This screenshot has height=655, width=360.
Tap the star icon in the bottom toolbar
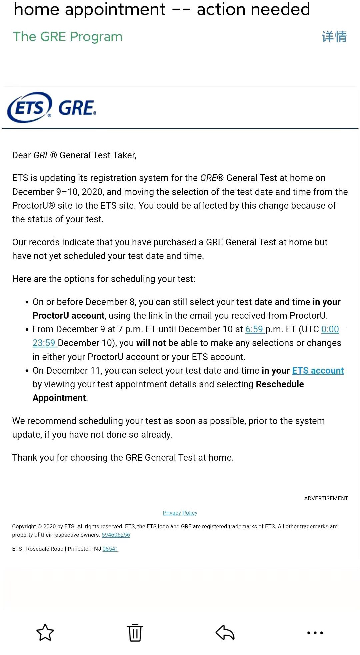tap(45, 632)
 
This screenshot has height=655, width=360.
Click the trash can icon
tap(135, 632)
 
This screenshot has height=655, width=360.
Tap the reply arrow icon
tap(225, 632)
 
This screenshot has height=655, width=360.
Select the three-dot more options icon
tap(315, 632)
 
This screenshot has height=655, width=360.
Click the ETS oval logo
tap(30, 107)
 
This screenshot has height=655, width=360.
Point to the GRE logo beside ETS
tap(77, 108)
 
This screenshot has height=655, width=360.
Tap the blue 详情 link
tap(334, 37)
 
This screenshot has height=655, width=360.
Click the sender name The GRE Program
tap(68, 37)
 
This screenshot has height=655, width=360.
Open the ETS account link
tap(318, 371)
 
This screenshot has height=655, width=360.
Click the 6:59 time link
tap(254, 329)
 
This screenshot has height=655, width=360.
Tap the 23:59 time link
tap(44, 343)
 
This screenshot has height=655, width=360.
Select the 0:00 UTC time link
tap(330, 329)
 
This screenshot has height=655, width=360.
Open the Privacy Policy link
tap(180, 513)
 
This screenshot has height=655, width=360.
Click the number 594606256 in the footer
tap(116, 535)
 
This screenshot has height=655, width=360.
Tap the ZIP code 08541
tap(110, 549)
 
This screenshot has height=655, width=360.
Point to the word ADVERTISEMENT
tap(326, 498)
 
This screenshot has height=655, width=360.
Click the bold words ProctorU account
tap(69, 316)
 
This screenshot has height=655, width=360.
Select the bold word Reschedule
tap(280, 384)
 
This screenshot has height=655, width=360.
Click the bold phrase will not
tap(151, 343)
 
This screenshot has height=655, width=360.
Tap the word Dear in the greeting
tap(21, 155)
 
